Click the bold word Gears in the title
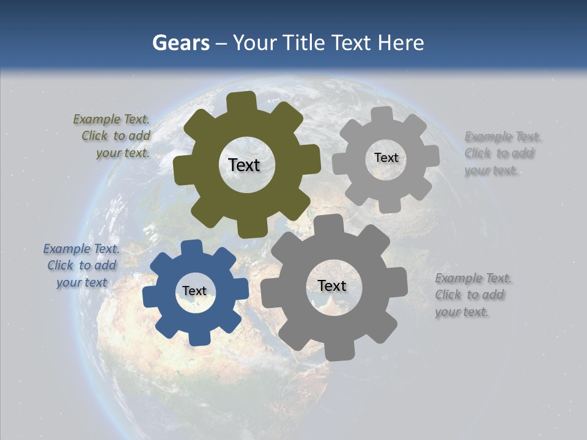[181, 43]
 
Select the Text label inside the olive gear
[244, 165]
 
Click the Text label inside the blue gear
[194, 291]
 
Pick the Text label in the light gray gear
[386, 158]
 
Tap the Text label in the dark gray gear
[332, 286]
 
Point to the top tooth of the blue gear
[191, 248]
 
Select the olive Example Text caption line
[111, 119]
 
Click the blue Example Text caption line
[81, 249]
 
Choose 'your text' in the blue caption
[81, 282]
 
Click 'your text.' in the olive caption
[123, 153]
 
